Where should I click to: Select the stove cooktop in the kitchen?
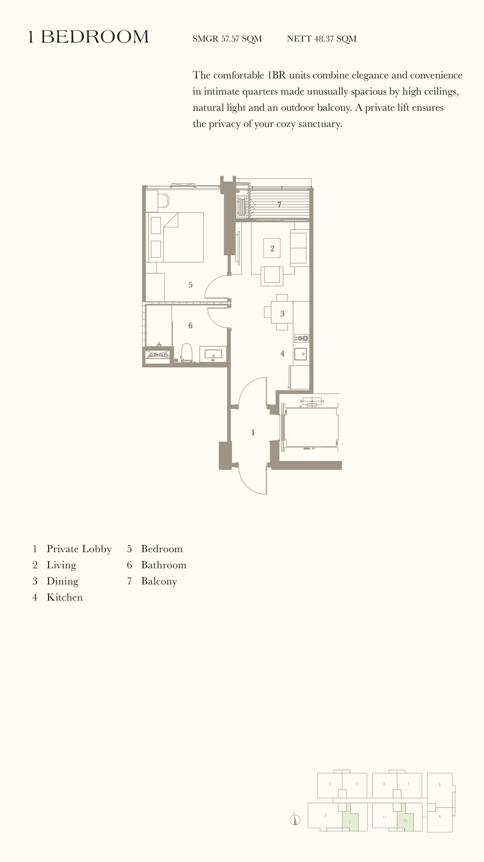tap(301, 338)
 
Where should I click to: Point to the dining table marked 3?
tap(282, 312)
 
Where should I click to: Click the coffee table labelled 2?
tap(272, 248)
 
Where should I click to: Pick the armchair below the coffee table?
tap(272, 275)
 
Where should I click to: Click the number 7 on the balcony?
tap(279, 205)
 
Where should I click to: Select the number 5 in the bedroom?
tap(191, 285)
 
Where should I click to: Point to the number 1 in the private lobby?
tap(253, 433)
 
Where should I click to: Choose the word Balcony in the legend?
tap(159, 581)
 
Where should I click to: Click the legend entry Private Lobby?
tap(79, 549)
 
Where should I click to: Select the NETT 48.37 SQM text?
tap(321, 39)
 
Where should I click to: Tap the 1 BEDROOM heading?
tap(88, 37)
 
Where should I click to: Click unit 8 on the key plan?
tap(439, 785)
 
